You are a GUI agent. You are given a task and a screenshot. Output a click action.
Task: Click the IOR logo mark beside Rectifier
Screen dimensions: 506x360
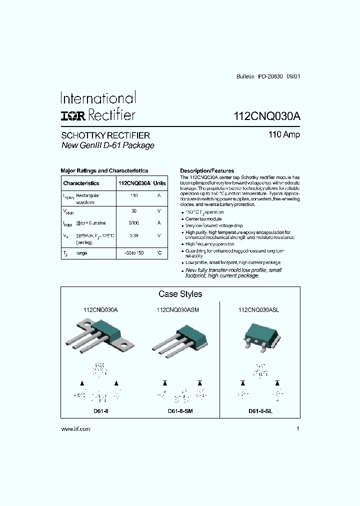click(73, 115)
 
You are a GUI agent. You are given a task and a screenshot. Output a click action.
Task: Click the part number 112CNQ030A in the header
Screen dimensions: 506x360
click(267, 116)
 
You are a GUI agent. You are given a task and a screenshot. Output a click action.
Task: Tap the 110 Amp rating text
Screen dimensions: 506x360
click(284, 135)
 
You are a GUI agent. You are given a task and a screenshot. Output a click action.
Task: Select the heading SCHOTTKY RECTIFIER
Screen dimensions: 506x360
click(105, 135)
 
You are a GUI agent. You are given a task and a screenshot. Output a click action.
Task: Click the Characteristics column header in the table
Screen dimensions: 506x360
click(81, 183)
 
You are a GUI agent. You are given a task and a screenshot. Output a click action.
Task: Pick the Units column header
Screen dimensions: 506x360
click(159, 183)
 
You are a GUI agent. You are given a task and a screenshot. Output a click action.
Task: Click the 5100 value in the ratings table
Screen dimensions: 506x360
click(133, 222)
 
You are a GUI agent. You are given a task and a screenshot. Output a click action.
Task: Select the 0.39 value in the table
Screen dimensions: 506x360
click(133, 235)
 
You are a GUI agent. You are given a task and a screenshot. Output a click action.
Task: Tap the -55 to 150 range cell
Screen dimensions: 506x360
click(133, 253)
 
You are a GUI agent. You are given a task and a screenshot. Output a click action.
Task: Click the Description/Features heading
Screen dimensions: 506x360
click(206, 170)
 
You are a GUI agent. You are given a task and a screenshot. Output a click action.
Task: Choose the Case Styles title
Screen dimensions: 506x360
click(180, 294)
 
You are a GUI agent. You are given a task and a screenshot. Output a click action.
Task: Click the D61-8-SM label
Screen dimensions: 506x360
click(180, 411)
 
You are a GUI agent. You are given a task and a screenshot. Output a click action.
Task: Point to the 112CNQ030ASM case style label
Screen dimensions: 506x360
click(177, 310)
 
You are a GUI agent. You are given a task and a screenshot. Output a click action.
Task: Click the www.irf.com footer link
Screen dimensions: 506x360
click(75, 429)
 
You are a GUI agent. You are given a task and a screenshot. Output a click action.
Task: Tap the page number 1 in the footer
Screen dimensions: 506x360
click(297, 429)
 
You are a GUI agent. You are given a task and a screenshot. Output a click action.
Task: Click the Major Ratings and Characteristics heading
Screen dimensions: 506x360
click(104, 170)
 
